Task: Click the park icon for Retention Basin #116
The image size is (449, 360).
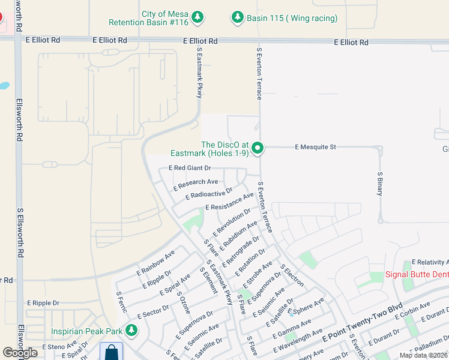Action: point(198,17)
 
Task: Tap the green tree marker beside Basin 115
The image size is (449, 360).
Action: point(238,17)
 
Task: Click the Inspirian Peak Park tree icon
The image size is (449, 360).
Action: point(131,330)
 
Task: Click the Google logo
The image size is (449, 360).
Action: point(20,353)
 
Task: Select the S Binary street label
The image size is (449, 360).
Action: point(380,183)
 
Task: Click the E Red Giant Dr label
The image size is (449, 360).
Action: point(190,169)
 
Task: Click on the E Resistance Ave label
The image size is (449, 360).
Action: point(229,202)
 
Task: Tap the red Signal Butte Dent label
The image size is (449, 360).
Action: point(417,274)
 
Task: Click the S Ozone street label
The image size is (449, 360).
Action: point(183,302)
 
